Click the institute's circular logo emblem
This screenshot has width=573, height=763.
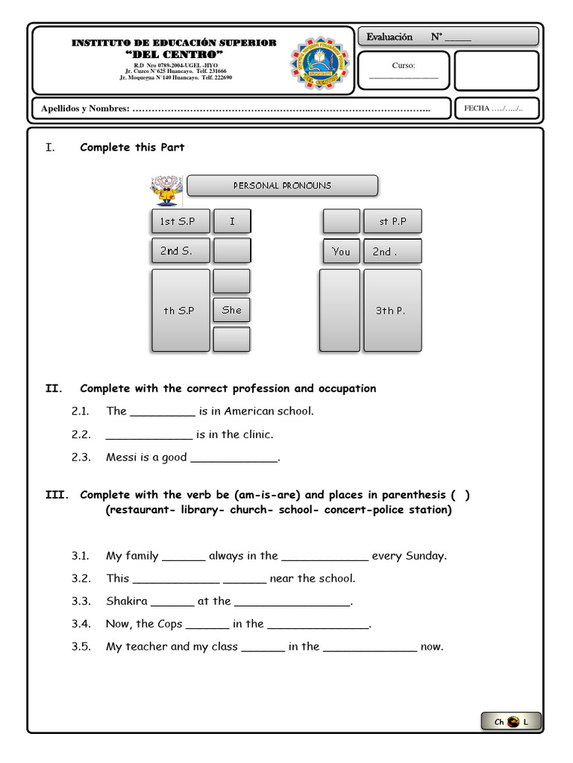pos(319,63)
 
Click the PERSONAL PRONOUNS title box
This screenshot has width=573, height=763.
pos(282,186)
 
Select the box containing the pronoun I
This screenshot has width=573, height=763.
pos(232,221)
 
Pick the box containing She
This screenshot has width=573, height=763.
pos(232,310)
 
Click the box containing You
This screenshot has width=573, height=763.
pos(341,251)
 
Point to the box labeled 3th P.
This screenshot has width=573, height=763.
pos(392,310)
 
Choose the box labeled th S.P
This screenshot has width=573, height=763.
pos(181,310)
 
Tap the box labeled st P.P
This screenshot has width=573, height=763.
pos(392,221)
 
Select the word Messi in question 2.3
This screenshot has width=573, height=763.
pos(121,458)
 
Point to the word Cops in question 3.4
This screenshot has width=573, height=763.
pos(170,624)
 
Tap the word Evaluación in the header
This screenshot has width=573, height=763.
pos(389,37)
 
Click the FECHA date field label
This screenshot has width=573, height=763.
pos(477,109)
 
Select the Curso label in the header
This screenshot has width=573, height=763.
pos(404,66)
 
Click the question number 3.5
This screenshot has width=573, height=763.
pos(81,647)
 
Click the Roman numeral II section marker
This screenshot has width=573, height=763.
pos(52,388)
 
